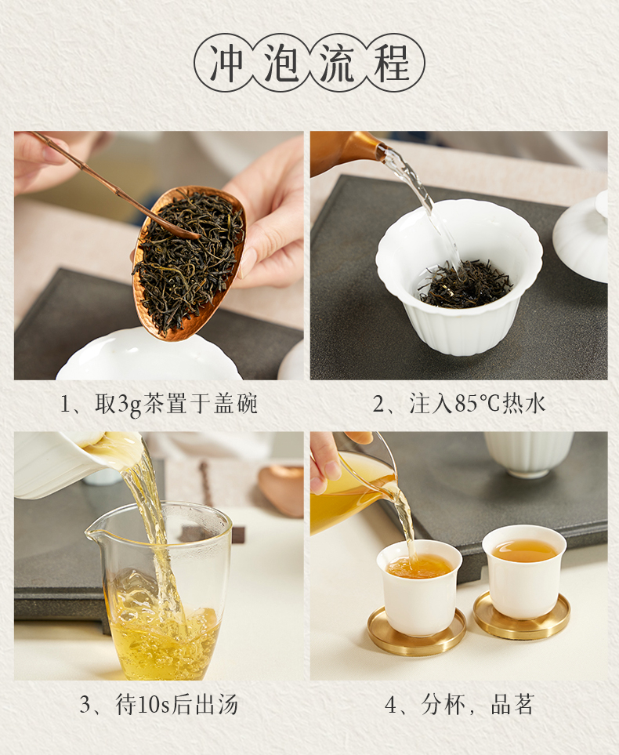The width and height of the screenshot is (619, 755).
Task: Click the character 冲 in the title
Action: pyautogui.click(x=226, y=63)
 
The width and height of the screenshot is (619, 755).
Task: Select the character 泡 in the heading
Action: pyautogui.click(x=281, y=63)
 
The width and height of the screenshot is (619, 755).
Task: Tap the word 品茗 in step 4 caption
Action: pyautogui.click(x=512, y=705)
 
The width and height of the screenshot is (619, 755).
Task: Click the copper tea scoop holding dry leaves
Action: pyautogui.click(x=189, y=261)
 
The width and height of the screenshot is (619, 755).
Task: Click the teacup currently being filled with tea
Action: pyautogui.click(x=418, y=586)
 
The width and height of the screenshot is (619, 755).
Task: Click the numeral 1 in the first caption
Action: pyautogui.click(x=66, y=405)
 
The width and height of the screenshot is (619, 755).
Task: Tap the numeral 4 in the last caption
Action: pyautogui.click(x=391, y=705)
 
